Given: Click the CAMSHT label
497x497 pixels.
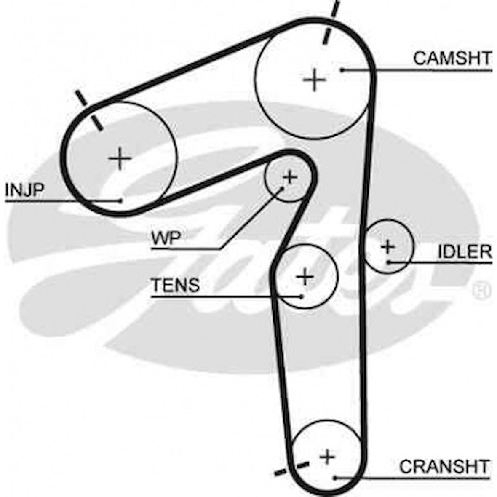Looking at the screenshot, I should pos(452,58).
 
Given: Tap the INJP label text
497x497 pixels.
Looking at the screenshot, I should pos(24,190).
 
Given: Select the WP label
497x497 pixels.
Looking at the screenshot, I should pos(166,239).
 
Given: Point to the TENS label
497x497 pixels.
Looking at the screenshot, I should pos(175,285).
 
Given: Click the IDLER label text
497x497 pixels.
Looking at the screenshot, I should pos(465,251).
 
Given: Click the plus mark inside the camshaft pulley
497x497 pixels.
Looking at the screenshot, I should pos(314,80).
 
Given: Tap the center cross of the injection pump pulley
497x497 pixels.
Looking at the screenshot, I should pos(120,158).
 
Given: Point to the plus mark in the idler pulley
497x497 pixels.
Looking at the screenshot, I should pos(387,246).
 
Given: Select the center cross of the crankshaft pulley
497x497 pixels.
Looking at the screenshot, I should pos(327,456).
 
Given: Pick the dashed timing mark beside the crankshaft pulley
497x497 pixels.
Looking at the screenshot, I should pos(291,468).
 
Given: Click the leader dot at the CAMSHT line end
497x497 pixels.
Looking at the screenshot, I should pos(343,69).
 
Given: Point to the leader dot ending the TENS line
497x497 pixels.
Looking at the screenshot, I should pos(301,296).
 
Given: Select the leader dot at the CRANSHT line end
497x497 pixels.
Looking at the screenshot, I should pos(335,478).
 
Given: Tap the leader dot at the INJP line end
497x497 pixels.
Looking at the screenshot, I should pos(121,200).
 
